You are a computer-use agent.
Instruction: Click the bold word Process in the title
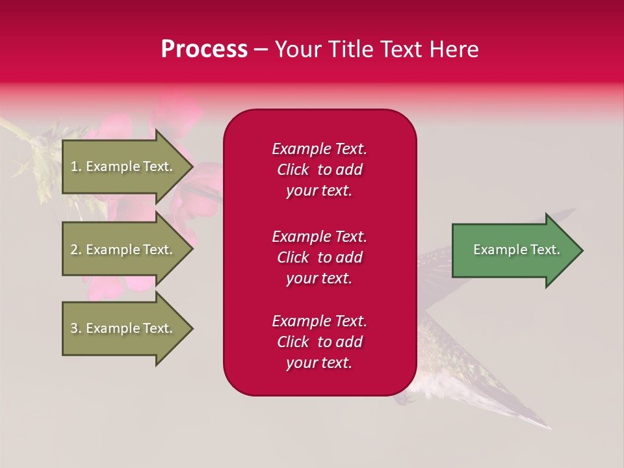[204, 49]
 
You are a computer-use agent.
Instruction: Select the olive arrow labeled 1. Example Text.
[123, 166]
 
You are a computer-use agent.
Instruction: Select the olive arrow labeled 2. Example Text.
[123, 250]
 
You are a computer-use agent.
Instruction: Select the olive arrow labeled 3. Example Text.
[123, 328]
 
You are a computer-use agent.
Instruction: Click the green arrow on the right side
[513, 250]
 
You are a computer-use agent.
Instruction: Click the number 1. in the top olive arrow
[76, 166]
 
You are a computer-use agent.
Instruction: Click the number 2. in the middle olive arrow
[76, 250]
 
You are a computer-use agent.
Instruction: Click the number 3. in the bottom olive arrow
[76, 328]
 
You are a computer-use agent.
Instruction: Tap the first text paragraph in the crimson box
[319, 170]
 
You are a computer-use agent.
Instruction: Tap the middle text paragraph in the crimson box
[319, 257]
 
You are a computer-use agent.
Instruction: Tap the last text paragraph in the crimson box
[319, 342]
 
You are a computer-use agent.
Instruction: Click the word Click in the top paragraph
[293, 170]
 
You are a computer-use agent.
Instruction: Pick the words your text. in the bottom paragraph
[319, 363]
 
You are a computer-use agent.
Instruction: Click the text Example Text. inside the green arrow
[516, 250]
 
